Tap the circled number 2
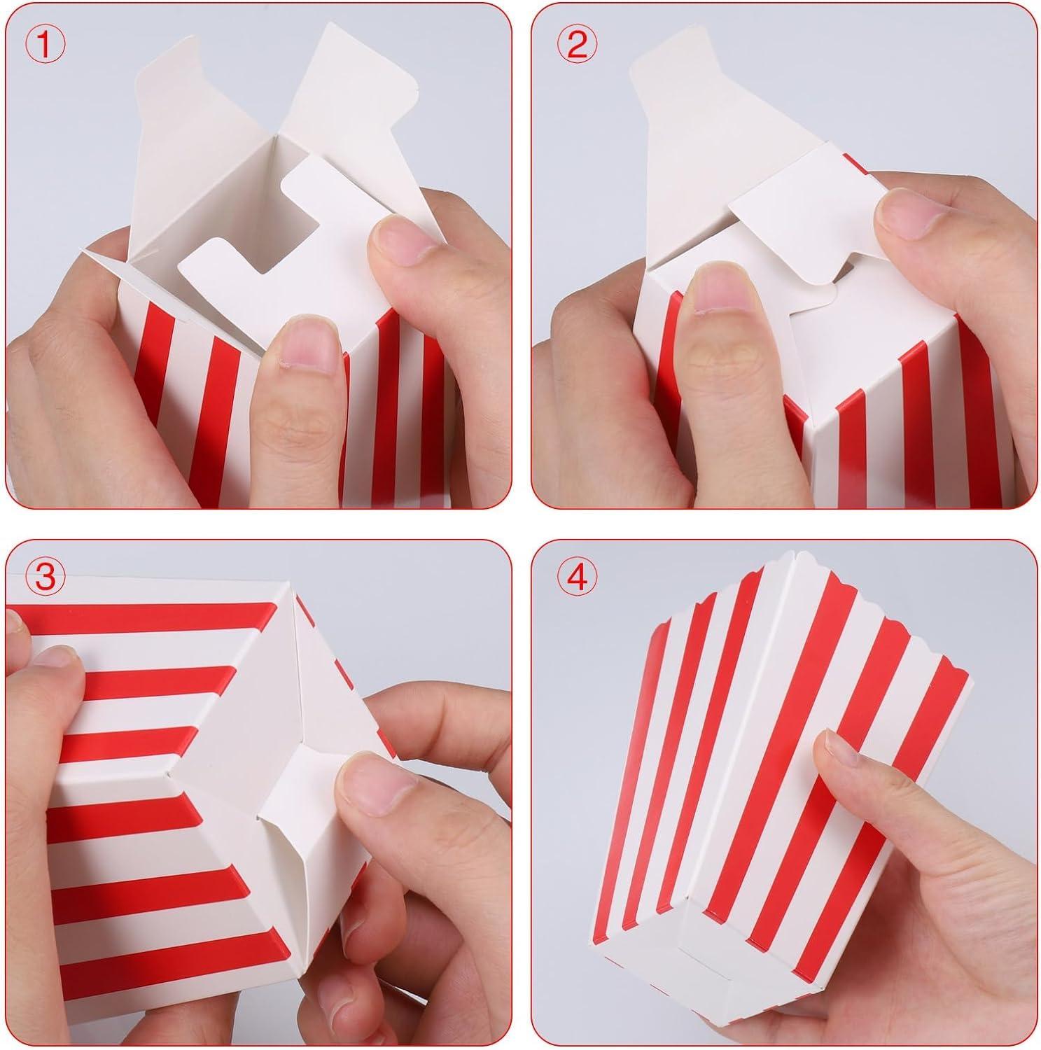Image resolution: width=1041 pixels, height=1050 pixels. (578, 45)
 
